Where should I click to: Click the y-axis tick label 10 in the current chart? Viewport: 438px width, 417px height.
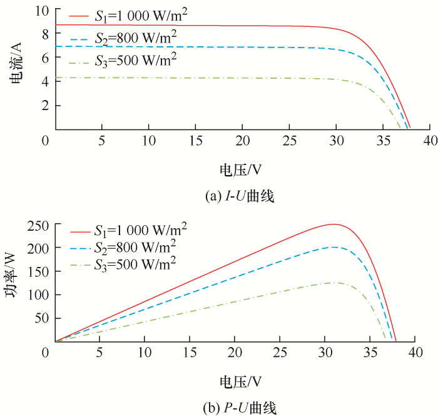pos(41,11)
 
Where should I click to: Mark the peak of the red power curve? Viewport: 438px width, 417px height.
pos(334,224)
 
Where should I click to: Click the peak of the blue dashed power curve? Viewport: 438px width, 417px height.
pos(334,247)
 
